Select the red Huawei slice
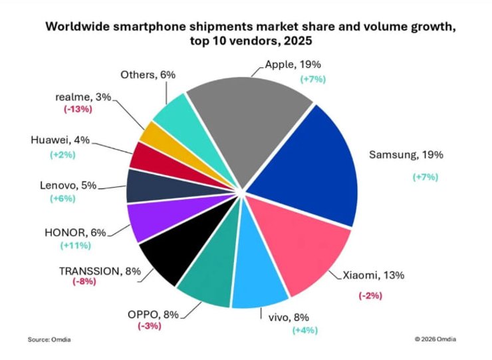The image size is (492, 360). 142,155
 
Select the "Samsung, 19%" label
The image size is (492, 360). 406,155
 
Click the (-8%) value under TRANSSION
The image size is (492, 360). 84,281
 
